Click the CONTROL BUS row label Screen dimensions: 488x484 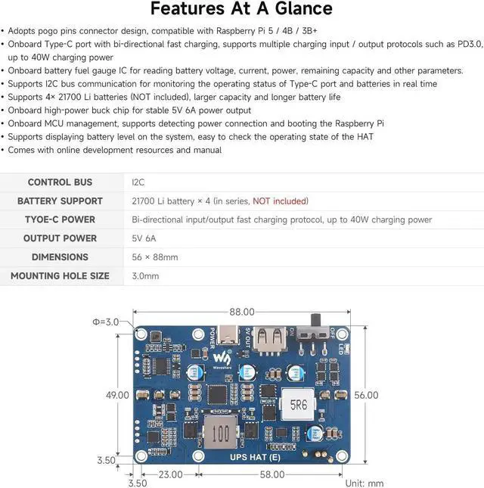[60, 182]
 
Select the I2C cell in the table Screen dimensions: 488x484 [138, 182]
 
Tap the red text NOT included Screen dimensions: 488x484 [280, 201]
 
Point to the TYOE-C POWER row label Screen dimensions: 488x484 [60, 219]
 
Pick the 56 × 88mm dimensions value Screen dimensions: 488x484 [155, 257]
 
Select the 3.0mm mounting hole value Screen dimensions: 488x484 [146, 276]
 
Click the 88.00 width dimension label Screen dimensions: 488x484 [243, 312]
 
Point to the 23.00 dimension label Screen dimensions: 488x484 [169, 474]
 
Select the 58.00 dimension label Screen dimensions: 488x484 [271, 474]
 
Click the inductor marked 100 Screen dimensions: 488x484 [220, 434]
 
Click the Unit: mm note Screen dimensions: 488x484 [364, 483]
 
